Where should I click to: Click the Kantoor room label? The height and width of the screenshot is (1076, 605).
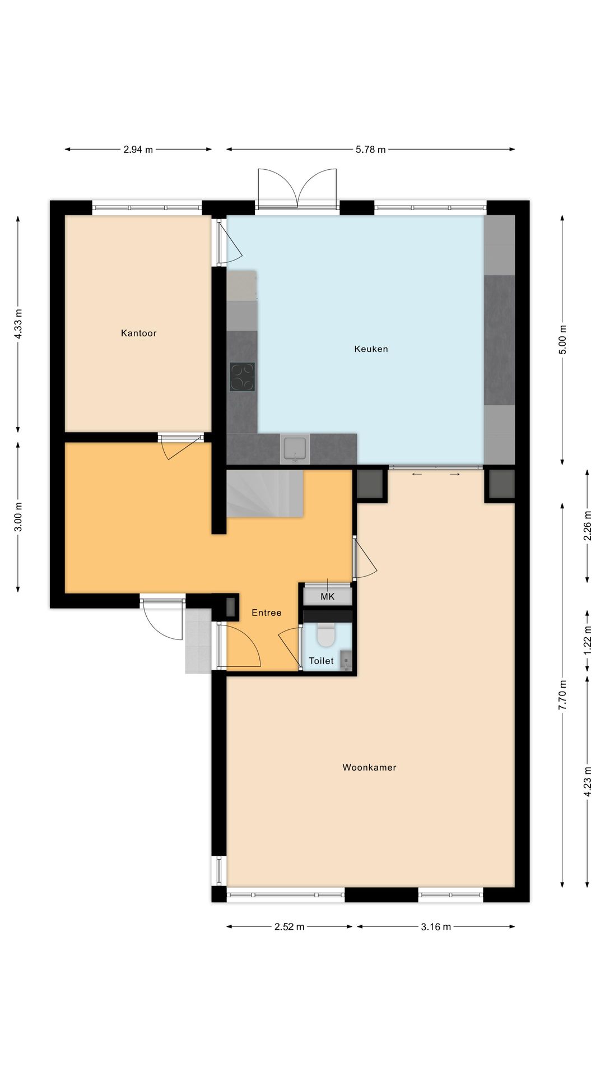138,333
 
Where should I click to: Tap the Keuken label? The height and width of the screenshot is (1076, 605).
371,349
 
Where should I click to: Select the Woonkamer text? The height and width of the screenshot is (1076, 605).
369,767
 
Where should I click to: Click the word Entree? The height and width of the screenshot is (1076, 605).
266,613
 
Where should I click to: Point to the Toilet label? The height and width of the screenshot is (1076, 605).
321,661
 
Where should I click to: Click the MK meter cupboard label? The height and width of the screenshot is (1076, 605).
327,596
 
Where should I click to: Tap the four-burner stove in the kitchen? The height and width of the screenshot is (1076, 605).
242,376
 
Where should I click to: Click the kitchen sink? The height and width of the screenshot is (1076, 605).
295,448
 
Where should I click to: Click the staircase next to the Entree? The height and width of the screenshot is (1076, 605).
264,494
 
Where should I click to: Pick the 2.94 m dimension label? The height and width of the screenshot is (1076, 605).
138,150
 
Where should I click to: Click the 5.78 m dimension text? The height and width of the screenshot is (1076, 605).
370,150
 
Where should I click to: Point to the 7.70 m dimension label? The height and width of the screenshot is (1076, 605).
563,695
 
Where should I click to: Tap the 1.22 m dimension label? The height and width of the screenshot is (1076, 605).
588,641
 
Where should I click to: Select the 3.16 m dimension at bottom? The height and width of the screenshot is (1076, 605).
435,926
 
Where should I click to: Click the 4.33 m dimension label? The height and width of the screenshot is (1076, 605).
18,324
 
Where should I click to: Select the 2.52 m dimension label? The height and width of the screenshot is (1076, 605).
289,926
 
